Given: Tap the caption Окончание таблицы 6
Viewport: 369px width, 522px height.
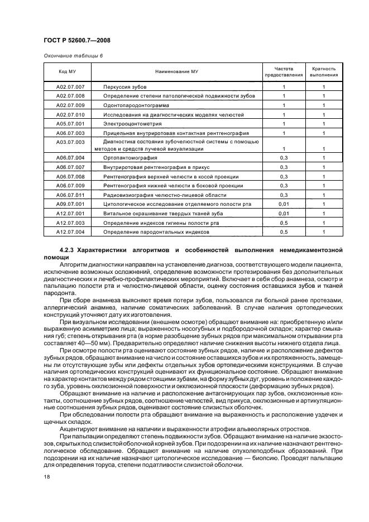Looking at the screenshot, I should [73, 56].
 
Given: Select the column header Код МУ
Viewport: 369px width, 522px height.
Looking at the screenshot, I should [67, 72].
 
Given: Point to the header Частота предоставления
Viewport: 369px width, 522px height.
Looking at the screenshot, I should [284, 71].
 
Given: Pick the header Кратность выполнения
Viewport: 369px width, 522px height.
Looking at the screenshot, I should [324, 71].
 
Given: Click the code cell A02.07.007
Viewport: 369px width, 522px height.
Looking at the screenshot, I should [70, 88].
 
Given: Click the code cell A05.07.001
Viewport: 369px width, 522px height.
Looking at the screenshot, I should [70, 123].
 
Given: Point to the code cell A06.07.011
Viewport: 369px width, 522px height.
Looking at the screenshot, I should [70, 195].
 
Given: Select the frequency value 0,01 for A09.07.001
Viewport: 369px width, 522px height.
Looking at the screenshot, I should [284, 204].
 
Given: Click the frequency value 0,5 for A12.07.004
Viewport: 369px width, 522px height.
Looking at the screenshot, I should [284, 231].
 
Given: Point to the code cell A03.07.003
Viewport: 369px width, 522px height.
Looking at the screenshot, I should [70, 142].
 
